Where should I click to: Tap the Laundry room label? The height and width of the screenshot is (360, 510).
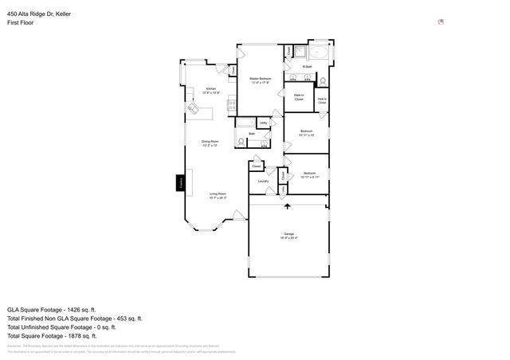pos(263,182)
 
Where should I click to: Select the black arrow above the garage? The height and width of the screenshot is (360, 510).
pos(287,205)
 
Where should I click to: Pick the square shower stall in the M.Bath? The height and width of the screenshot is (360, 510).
pos(300,53)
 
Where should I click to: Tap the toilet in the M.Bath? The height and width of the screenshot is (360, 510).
pos(323,81)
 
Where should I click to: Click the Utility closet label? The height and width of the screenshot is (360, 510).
pos(263,123)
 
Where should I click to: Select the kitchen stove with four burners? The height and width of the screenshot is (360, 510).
pos(232,103)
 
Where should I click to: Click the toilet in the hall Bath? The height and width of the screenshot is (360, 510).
pos(241,142)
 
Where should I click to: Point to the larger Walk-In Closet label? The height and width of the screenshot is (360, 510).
pos(298,97)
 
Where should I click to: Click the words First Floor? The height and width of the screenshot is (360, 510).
pos(20,23)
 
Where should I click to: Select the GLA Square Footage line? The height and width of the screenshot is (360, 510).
pos(51,309)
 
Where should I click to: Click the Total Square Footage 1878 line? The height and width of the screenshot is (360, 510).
pos(51,335)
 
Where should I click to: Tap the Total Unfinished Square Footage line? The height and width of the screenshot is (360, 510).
pos(61,327)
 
